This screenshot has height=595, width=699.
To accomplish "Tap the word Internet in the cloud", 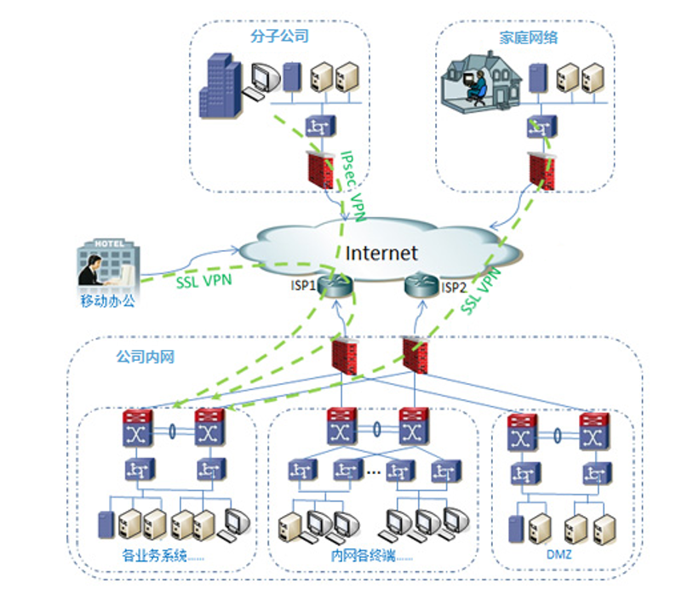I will click(381, 253).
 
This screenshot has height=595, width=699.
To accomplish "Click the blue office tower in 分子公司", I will click(220, 85).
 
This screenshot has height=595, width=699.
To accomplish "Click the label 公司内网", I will click(145, 357).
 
